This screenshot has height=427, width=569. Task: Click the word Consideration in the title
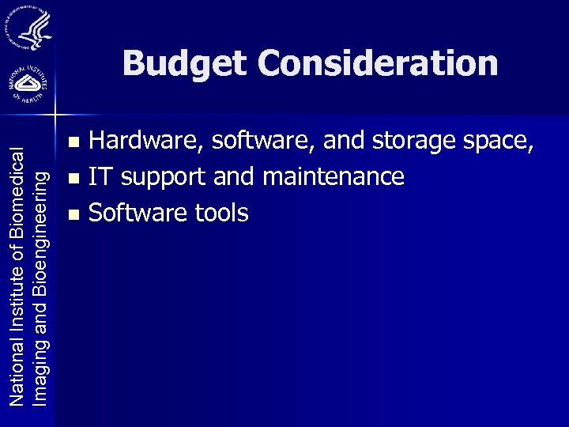click(x=378, y=63)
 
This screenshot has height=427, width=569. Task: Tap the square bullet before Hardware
click(x=74, y=143)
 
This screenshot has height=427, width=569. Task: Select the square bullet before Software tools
click(x=74, y=213)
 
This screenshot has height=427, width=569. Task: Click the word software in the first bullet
click(x=253, y=142)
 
